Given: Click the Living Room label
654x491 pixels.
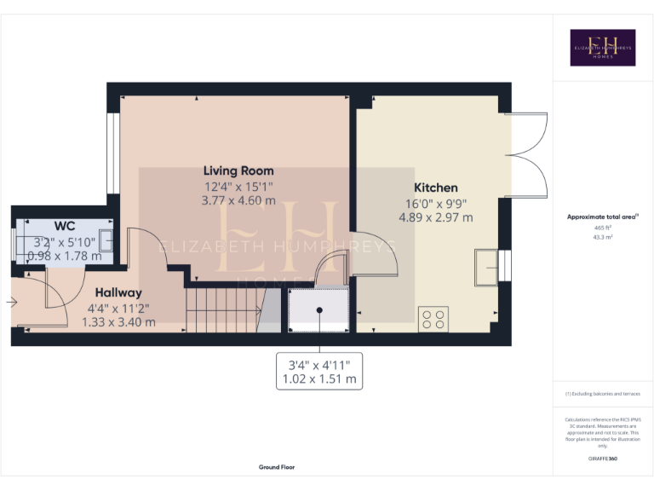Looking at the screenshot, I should coord(238,170).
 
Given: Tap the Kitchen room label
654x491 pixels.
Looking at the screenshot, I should coord(436,188).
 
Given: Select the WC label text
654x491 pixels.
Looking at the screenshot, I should coord(65,226).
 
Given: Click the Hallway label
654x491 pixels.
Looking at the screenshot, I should coord(118,292).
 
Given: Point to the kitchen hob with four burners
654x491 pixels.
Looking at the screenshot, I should coord(433,320).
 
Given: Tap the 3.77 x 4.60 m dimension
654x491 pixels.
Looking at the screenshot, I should coord(238,200).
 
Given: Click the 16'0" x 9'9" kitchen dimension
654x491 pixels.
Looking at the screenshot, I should coord(436,204).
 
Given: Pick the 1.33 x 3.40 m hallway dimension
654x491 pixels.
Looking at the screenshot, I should coord(118,322).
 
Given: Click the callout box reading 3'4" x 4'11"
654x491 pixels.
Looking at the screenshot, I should coord(318,372).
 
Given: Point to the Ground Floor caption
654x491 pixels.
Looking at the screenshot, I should coord(277,467).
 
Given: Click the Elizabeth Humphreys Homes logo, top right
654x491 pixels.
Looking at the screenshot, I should coord(602,48).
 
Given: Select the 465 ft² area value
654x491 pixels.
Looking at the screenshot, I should coord(602,228).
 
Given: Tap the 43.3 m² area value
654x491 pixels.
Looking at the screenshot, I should coord(602,238).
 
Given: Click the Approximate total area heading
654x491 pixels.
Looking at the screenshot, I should coord(602,217).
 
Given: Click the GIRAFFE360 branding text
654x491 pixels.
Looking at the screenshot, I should coord(603,459).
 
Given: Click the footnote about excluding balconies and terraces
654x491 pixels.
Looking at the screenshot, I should coord(602,394).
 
